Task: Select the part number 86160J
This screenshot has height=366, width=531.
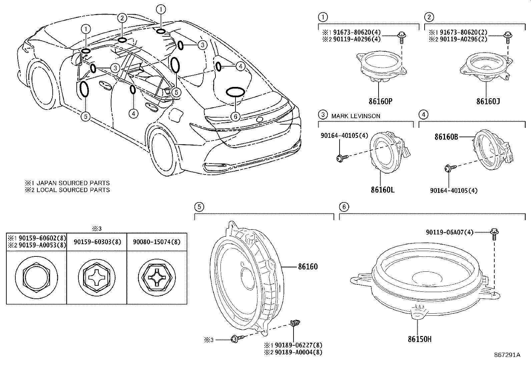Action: [488, 101]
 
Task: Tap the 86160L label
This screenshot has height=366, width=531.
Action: [382, 190]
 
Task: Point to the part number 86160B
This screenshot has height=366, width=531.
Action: [446, 137]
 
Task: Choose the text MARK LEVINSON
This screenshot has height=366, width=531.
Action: [356, 116]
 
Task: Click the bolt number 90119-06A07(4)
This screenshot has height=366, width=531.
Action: [449, 232]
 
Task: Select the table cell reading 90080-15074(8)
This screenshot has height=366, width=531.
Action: [156, 242]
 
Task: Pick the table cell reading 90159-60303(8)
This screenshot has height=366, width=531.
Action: [97, 242]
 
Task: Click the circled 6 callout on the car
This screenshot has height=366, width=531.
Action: [235, 116]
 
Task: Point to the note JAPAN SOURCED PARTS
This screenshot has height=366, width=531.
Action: [73, 183]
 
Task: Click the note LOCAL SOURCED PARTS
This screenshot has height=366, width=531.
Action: [73, 190]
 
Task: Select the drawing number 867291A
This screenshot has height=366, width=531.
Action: [507, 355]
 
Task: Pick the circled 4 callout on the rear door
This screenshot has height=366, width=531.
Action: [133, 114]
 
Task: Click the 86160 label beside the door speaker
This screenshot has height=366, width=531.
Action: [308, 266]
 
